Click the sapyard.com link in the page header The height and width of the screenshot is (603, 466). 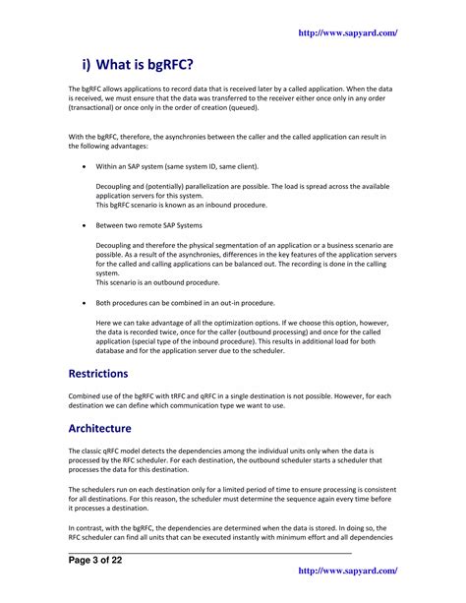[348, 33]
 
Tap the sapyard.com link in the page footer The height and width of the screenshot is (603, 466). [348, 570]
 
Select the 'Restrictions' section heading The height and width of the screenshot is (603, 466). [98, 374]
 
